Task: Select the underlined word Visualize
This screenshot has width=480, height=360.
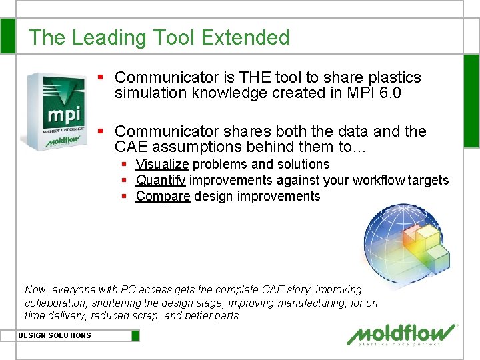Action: [x=163, y=164]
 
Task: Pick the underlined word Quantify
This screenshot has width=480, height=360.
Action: [x=161, y=180]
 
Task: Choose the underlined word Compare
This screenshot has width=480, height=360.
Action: [x=163, y=196]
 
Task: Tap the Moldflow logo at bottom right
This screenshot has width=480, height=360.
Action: [x=404, y=334]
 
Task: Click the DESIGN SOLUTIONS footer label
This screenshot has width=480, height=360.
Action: [x=55, y=335]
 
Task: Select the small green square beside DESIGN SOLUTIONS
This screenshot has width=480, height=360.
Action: [x=135, y=335]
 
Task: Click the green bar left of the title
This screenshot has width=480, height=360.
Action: [x=8, y=36]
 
